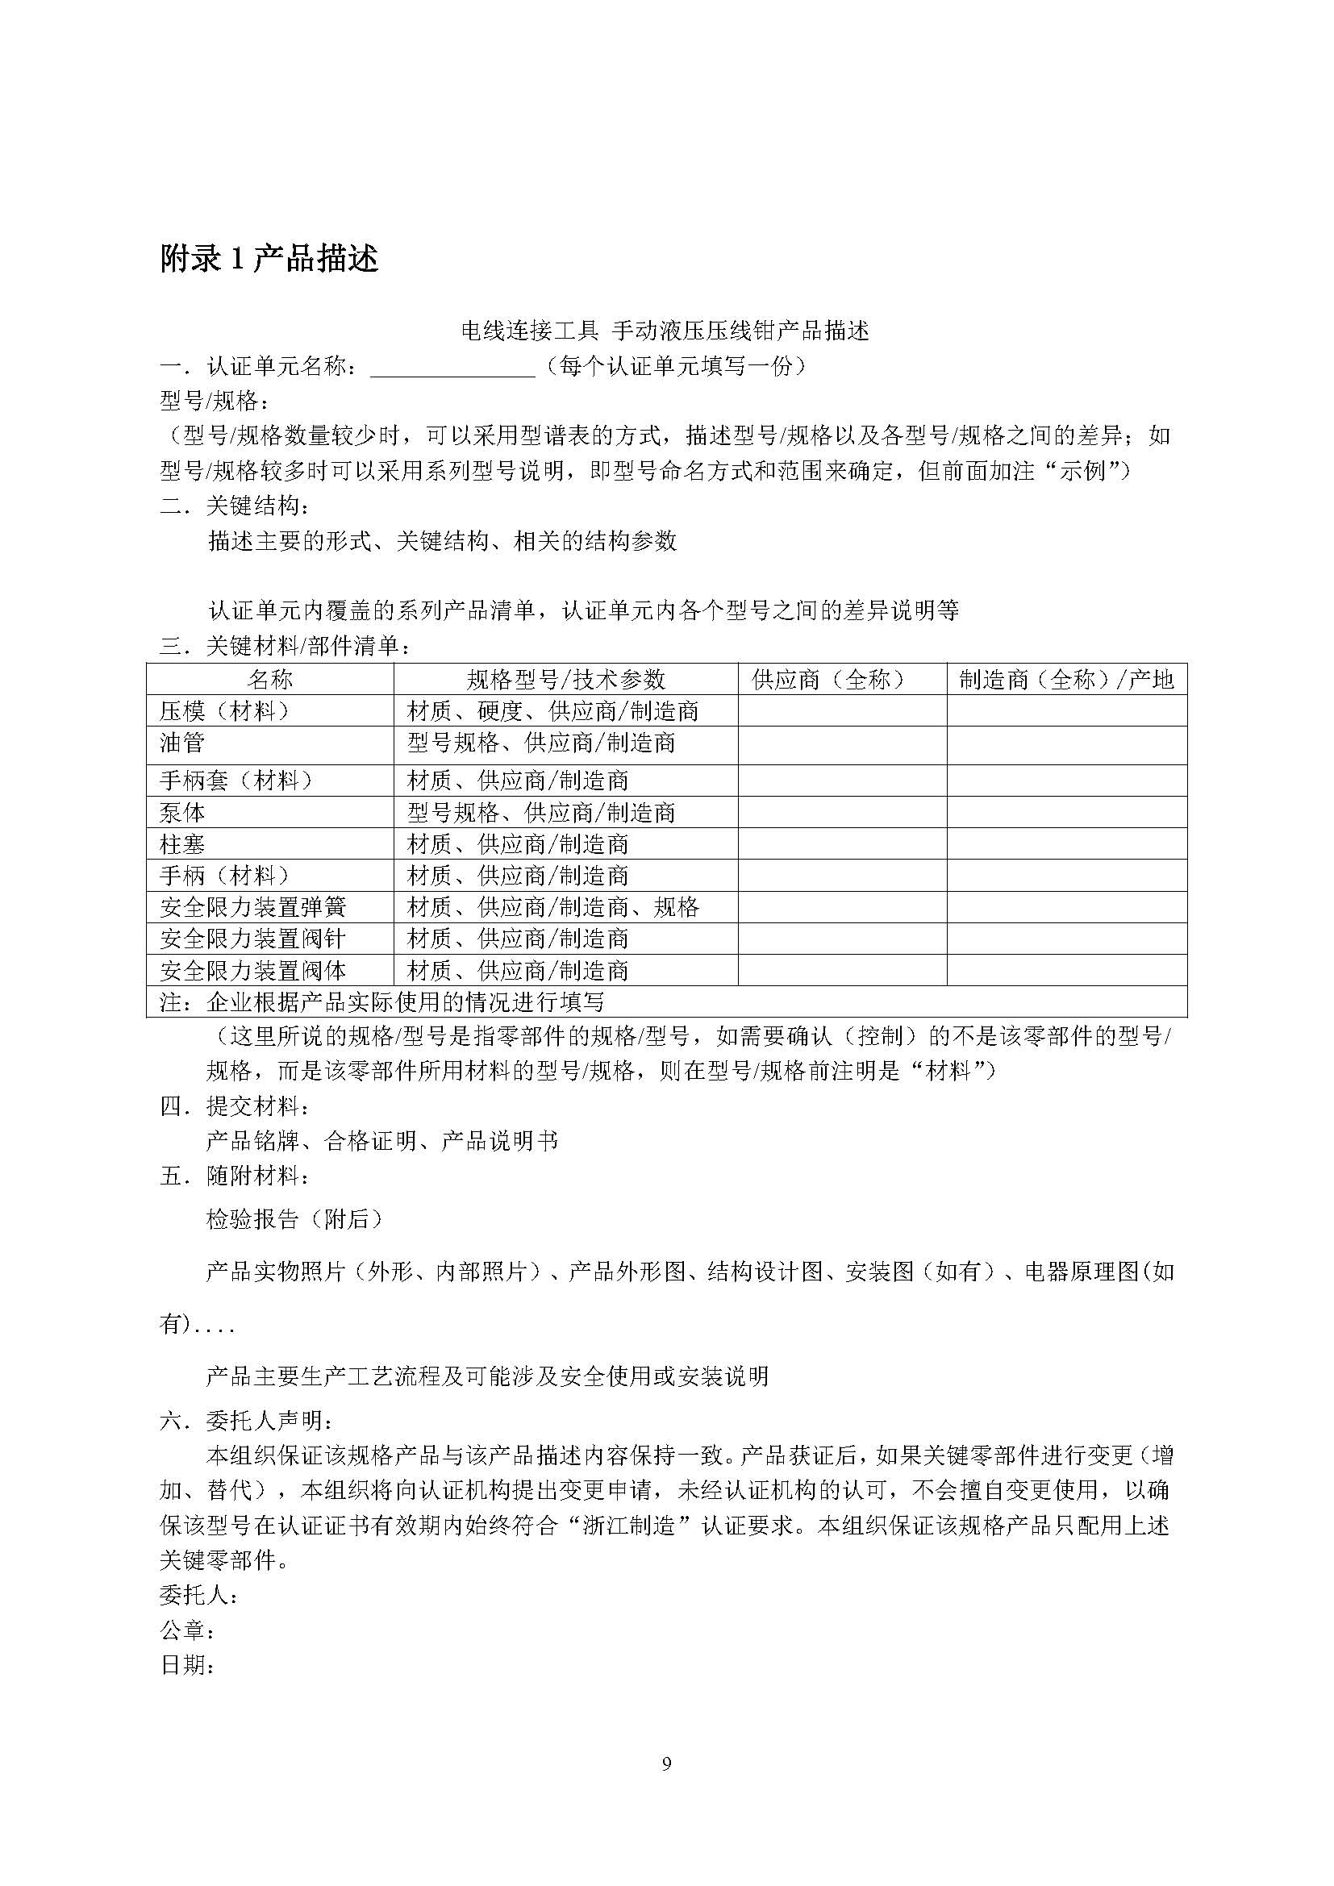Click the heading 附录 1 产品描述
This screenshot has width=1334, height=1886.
point(269,259)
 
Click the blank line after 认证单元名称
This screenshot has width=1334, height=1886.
point(452,367)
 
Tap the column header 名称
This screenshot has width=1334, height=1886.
point(270,679)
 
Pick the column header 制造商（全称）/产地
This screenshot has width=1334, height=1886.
point(1066,679)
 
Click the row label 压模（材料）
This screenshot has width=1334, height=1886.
point(225,710)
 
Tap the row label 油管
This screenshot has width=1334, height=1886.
point(182,743)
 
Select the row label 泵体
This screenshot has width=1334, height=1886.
point(182,814)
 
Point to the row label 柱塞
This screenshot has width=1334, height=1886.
point(182,844)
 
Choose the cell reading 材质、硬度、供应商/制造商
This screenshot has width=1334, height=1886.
point(552,710)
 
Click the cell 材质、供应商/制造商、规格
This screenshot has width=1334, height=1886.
point(552,908)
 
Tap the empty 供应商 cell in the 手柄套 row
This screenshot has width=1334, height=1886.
point(842,781)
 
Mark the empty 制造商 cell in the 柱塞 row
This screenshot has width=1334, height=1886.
point(1066,844)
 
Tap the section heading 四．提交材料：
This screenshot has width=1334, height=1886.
point(235,1106)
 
